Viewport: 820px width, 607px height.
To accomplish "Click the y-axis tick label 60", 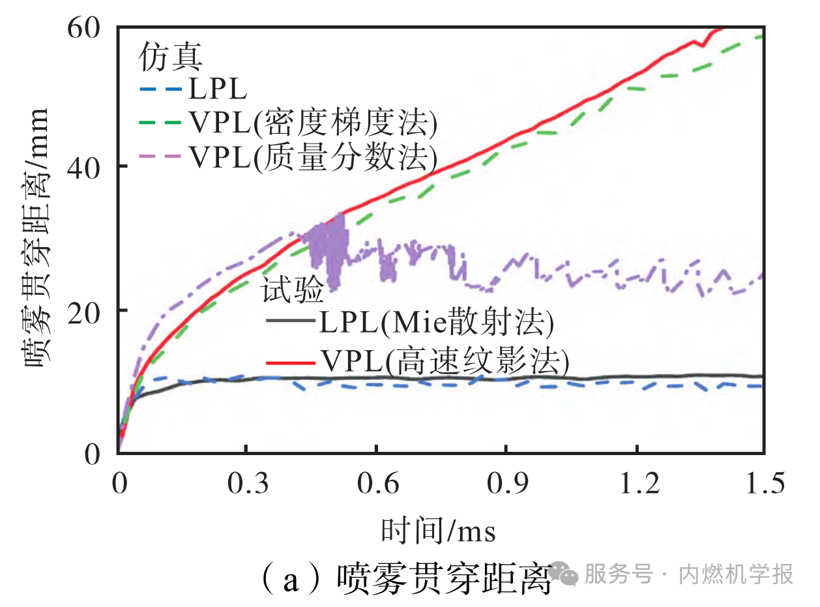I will tap(87, 27).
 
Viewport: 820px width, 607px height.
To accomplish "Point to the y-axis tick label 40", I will tap(87, 168).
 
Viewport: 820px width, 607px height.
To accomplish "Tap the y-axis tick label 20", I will tap(87, 311).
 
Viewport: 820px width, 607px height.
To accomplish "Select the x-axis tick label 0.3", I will tap(246, 485).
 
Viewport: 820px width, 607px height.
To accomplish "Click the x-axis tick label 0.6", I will tap(375, 485).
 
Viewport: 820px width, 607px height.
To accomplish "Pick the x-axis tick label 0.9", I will tap(506, 485).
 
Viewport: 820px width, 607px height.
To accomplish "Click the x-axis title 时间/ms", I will tap(438, 531).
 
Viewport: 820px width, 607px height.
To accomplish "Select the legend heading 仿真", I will tap(170, 58).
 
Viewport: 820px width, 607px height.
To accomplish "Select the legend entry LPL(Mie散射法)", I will tap(411, 322).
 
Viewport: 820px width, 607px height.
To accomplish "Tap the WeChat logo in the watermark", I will tap(562, 574).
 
